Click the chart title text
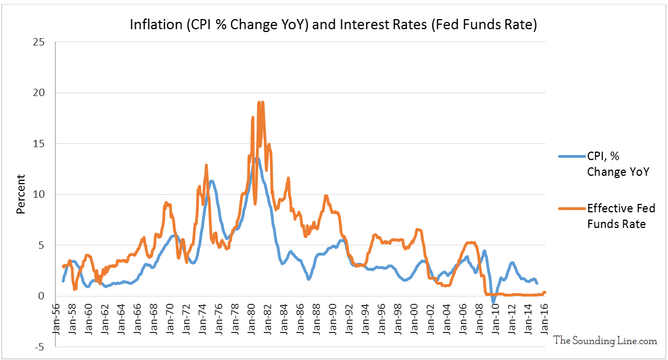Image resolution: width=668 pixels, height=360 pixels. click(x=333, y=25)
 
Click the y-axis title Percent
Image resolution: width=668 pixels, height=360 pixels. click(x=21, y=194)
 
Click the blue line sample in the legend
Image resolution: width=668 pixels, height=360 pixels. click(x=571, y=157)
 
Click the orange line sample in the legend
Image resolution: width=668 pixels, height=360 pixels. click(x=571, y=208)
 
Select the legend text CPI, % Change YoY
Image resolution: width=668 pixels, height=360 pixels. click(x=617, y=165)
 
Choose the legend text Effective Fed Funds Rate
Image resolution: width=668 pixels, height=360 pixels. click(x=621, y=216)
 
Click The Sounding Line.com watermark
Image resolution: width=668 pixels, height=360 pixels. click(x=605, y=340)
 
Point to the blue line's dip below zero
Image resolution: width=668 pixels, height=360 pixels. click(x=493, y=302)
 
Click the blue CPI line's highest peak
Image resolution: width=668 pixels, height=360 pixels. click(x=256, y=158)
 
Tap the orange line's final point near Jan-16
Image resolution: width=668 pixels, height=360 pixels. click(x=545, y=292)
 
